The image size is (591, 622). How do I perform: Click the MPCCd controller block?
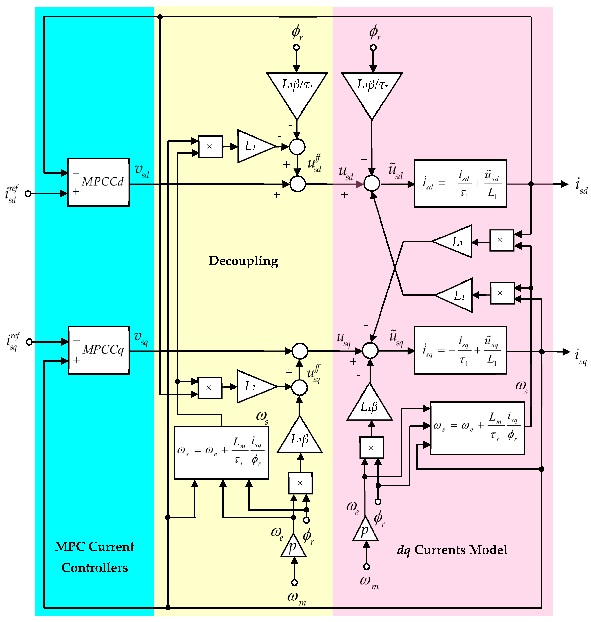pyautogui.click(x=98, y=182)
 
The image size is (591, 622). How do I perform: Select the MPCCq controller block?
pyautogui.click(x=99, y=350)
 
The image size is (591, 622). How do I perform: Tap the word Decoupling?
pyautogui.click(x=243, y=261)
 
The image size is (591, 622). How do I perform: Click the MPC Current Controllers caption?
pyautogui.click(x=95, y=557)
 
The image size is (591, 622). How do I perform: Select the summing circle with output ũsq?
pyautogui.click(x=370, y=351)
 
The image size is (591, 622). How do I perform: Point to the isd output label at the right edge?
pyautogui.click(x=581, y=186)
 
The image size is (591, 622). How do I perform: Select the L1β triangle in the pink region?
pyautogui.click(x=370, y=405)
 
